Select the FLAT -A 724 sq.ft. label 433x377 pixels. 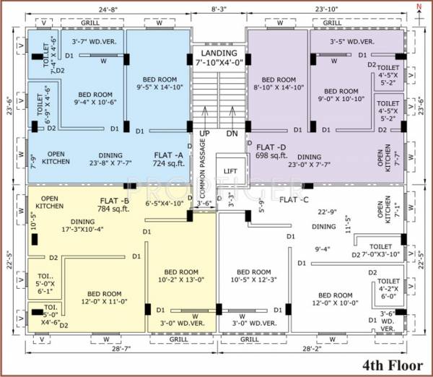[x=169, y=160]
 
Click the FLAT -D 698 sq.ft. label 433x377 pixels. [x=271, y=152]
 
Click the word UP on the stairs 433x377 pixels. [x=205, y=134]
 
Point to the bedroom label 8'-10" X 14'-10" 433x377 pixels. [x=279, y=83]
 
